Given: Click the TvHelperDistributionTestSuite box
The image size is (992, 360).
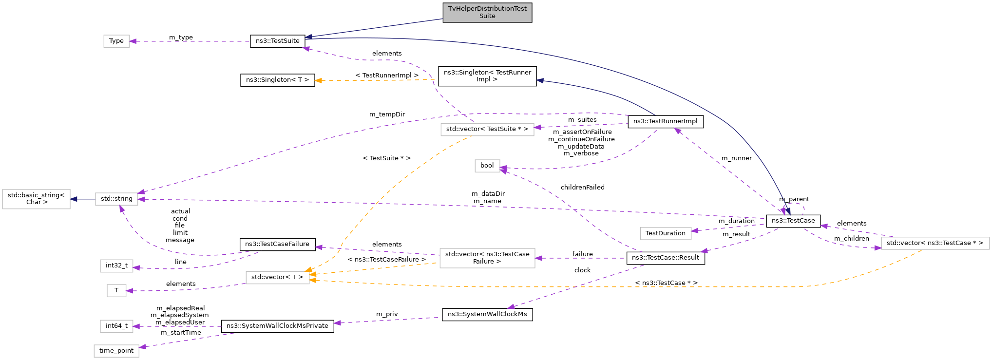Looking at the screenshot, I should pos(487,12).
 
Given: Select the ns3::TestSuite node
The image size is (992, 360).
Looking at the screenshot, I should pos(277,41).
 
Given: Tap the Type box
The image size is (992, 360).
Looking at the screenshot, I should pos(116,41).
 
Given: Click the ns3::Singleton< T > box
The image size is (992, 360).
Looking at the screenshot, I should pos(277,80).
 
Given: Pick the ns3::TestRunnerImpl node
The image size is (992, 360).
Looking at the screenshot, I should pos(665,121).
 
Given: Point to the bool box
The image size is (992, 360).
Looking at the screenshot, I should pos(487,166).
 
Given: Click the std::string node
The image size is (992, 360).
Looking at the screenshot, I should pos(116,199).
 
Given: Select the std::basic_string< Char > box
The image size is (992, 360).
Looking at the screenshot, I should pos(36,199).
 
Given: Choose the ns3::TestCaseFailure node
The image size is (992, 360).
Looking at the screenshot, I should pos(277,244).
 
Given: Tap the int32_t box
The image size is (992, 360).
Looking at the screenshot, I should pos(116,265).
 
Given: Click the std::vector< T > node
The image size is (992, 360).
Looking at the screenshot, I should pos(277,277).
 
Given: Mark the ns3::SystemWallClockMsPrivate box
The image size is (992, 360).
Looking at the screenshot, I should pos(277,326).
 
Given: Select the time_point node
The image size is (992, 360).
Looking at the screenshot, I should pos(116,351).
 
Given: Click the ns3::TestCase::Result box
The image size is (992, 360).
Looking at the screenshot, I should pos(665,258).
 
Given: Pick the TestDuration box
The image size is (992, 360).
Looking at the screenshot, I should pos(665,233).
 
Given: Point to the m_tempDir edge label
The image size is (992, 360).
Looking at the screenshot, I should pos(387,114).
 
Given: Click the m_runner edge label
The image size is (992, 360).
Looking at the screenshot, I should pos(736,158).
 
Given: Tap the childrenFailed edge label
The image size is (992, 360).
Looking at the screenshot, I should pos(582,188).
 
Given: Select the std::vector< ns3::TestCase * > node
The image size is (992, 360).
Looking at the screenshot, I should pos(935,243).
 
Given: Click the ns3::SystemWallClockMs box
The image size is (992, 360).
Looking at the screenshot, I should pos(487,314).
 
